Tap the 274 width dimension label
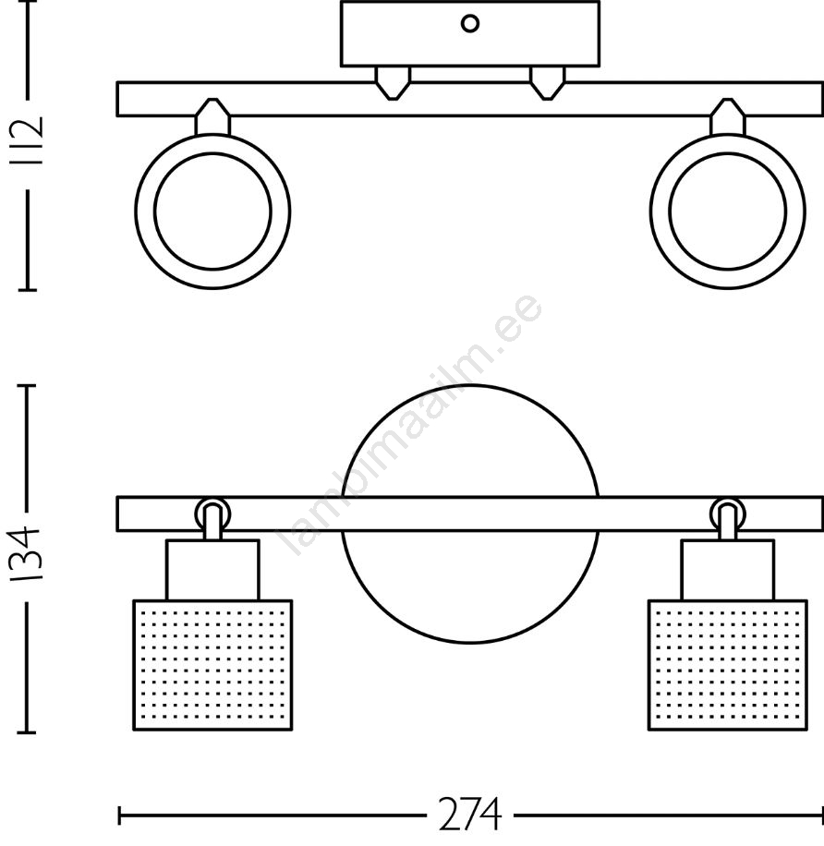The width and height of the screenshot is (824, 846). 469,816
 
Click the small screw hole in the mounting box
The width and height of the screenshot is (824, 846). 470,24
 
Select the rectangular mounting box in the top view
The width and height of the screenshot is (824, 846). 470,34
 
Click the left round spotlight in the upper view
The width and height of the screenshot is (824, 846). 212,211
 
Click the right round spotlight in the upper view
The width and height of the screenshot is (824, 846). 727,211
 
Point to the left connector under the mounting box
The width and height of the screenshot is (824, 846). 393,83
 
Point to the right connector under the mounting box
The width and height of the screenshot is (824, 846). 548,83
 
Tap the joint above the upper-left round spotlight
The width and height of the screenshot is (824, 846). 212,116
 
